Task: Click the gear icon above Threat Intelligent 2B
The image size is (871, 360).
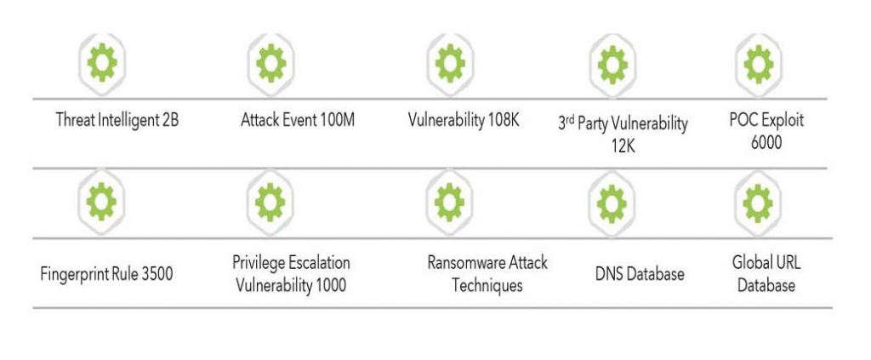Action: click(102, 63)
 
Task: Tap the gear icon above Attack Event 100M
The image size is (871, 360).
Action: click(271, 63)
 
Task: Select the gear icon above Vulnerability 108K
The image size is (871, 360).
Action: click(451, 63)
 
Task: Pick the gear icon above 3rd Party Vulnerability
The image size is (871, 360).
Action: click(612, 65)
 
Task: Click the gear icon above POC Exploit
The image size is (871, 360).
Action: click(758, 64)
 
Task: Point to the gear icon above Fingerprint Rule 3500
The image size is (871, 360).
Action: click(102, 202)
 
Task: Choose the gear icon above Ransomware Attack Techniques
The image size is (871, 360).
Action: click(449, 203)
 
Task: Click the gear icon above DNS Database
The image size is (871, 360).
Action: click(612, 203)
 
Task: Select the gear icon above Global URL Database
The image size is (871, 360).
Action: click(758, 203)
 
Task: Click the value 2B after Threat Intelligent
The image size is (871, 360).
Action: click(171, 121)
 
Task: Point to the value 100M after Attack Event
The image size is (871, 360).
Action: click(337, 121)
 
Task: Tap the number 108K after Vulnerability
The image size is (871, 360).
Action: click(504, 121)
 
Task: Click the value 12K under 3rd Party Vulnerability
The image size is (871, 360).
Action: click(622, 147)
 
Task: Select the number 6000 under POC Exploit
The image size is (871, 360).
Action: click(766, 143)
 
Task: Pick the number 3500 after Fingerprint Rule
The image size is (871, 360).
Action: click(157, 274)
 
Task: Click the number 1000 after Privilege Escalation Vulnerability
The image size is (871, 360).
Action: click(331, 286)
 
